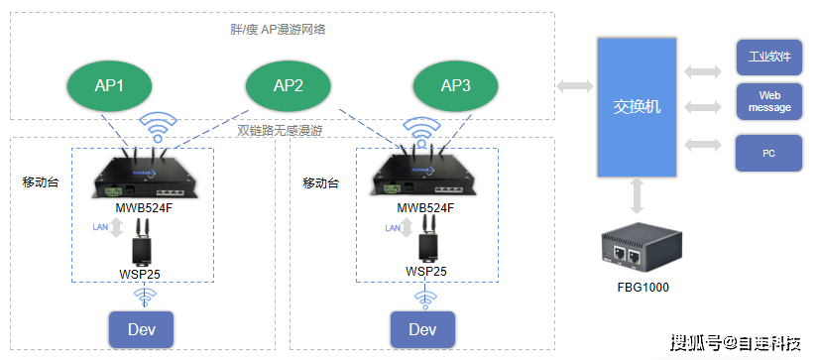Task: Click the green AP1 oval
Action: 109,85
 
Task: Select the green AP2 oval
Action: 288,85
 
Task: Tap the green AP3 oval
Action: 455,85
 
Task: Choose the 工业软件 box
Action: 768,58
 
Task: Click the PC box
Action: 768,154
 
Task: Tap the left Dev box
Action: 142,329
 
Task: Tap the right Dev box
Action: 422,329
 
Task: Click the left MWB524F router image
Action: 145,177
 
